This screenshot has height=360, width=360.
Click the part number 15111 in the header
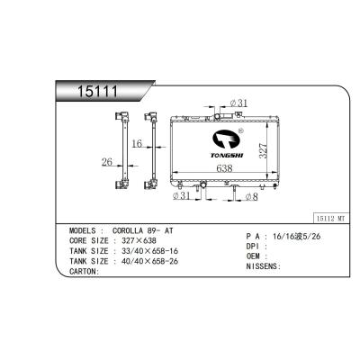97,91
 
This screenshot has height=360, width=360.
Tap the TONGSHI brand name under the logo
227,156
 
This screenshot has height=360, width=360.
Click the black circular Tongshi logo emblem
228,139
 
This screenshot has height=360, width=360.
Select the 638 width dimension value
224,168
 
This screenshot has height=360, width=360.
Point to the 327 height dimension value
262,150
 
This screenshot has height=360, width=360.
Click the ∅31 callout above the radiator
238,103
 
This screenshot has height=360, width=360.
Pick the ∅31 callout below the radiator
182,196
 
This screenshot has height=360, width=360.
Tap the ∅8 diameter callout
252,197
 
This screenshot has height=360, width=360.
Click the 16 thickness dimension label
137,143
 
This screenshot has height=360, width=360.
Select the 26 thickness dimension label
107,162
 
